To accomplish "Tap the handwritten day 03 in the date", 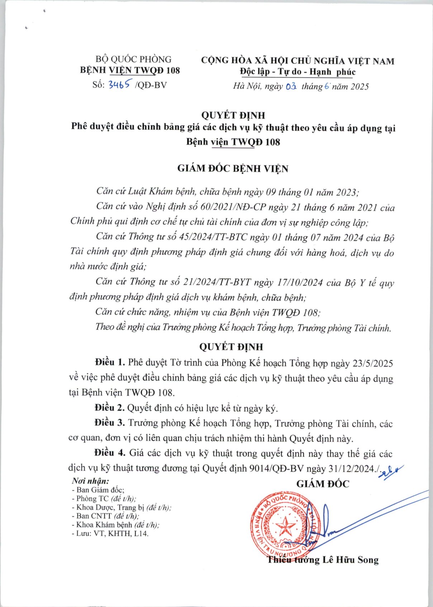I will click(x=291, y=87).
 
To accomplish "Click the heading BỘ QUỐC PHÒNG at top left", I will click(x=133, y=59).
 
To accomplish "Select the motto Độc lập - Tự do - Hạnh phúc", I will click(x=298, y=72).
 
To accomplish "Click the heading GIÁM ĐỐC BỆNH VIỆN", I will click(x=233, y=168).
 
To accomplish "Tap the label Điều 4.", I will click(x=110, y=453).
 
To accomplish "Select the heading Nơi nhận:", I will click(x=90, y=481).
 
